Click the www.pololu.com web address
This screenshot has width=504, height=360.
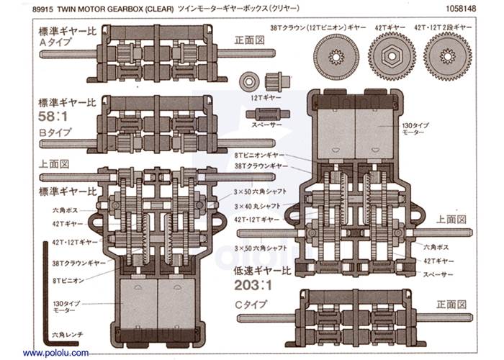point(55,353)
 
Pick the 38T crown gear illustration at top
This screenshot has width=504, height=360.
point(333,55)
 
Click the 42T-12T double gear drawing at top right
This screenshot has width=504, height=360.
point(447,55)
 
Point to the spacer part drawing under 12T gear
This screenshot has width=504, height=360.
point(266,114)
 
